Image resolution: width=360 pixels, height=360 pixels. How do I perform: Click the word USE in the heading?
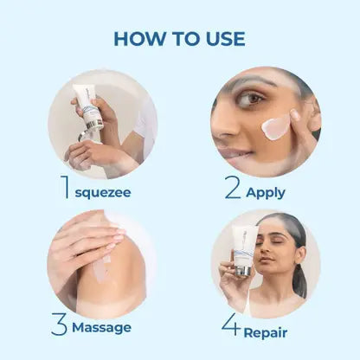pos(225,39)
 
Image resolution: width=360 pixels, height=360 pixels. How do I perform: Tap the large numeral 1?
pos(66,187)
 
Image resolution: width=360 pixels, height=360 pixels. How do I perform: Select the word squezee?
pos(103,193)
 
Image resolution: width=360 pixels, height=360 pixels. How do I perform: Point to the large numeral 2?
pos(233,187)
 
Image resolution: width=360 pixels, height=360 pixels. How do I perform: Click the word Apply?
pos(266,193)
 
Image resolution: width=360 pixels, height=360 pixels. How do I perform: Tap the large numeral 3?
pos(59,324)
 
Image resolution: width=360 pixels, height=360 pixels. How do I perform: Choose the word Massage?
pos(101,328)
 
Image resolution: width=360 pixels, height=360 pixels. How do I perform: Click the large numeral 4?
pos(231,325)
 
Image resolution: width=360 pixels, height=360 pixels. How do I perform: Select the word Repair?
pos(266,333)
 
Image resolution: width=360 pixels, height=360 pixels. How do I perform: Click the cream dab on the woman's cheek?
pos(275,128)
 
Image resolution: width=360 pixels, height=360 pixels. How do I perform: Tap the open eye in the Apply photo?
pos(252,99)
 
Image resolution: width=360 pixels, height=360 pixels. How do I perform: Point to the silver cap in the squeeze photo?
pos(93,125)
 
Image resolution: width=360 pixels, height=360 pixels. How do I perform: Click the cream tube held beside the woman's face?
pos(244,249)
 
